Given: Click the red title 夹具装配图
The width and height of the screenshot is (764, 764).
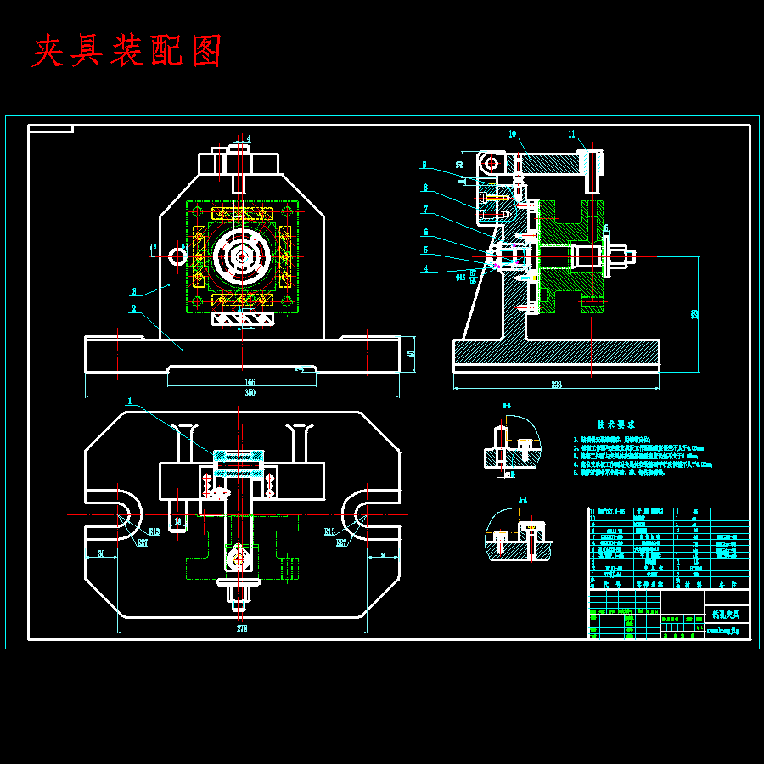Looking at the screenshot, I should click(x=127, y=52).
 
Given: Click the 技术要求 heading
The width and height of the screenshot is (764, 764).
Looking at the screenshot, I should click(x=615, y=424).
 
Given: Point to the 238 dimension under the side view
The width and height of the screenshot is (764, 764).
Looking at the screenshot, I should click(x=556, y=385).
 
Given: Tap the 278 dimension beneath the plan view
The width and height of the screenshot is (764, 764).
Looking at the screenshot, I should click(x=242, y=628).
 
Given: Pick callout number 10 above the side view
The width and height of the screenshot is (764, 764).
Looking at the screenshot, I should click(x=513, y=134).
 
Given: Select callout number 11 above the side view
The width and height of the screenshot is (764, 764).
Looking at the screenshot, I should click(x=571, y=134).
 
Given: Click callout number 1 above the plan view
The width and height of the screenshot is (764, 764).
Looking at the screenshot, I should click(x=130, y=401).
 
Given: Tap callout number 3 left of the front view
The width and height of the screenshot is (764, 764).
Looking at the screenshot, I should click(x=133, y=291).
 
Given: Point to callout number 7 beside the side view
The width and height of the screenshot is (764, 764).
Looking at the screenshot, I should click(x=426, y=209).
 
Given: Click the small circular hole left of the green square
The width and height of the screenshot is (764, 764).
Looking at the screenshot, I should click(x=178, y=255).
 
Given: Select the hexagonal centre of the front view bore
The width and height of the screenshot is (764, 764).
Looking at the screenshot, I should click(x=242, y=255).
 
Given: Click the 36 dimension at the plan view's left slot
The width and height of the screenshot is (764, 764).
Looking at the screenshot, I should click(x=101, y=553).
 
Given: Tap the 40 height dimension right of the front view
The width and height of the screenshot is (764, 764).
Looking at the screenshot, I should click(x=411, y=353).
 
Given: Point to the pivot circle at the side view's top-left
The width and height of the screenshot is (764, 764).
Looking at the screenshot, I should click(x=490, y=161).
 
